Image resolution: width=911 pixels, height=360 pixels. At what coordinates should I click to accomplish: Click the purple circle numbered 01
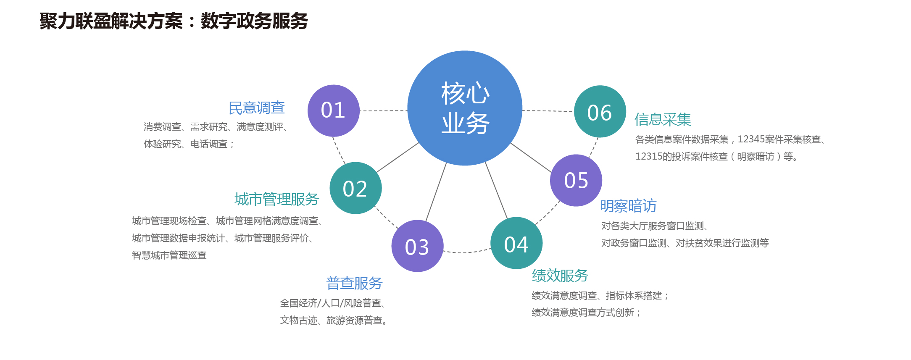click(333, 110)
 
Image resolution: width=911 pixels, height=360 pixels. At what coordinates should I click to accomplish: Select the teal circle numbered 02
click(355, 188)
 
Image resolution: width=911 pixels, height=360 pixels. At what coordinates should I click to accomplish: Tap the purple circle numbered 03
click(417, 246)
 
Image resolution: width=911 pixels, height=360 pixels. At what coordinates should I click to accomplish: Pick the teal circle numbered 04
click(516, 243)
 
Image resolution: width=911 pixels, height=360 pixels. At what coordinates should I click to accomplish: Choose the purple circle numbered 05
click(576, 181)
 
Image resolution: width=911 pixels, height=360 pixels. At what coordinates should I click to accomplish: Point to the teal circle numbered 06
click(600, 112)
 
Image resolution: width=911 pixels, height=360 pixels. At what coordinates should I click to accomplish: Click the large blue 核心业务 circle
click(465, 108)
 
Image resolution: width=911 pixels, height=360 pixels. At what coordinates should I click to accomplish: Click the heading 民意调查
click(256, 108)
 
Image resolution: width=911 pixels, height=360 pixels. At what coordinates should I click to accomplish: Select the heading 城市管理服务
click(276, 199)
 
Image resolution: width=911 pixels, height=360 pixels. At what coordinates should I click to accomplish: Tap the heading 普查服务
click(354, 283)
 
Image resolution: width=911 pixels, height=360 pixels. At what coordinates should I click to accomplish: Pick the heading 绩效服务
click(560, 276)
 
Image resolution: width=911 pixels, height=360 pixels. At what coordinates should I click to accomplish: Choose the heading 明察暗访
click(628, 206)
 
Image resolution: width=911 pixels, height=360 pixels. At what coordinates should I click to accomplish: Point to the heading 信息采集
click(663, 120)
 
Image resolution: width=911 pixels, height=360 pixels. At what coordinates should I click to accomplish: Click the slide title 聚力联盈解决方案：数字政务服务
click(174, 21)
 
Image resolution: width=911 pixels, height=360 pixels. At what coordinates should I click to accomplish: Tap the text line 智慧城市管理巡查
click(169, 255)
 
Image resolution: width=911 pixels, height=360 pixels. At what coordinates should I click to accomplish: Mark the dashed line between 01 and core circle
click(383, 111)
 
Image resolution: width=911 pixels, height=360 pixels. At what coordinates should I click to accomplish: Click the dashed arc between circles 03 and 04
click(466, 252)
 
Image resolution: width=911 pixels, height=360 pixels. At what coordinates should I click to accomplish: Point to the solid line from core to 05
click(531, 157)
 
